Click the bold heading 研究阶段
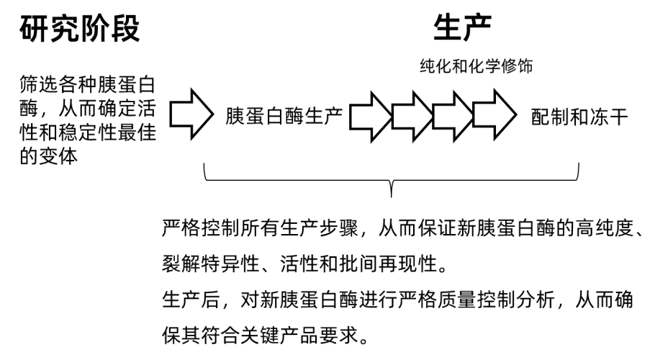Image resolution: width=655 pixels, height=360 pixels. (80, 30)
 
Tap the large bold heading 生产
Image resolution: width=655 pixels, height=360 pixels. (462, 28)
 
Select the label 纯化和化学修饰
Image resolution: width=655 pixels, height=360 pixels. (476, 67)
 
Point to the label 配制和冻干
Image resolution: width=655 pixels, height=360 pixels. (579, 117)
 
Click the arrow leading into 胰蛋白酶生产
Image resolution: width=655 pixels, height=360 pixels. (191, 114)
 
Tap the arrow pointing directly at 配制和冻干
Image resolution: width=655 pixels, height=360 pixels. (494, 114)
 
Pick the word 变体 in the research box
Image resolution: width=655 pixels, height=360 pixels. (59, 156)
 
